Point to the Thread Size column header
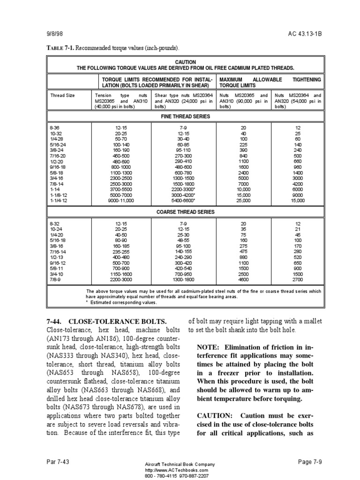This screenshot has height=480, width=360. [x=62, y=95]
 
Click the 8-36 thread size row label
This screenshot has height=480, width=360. [x=55, y=127]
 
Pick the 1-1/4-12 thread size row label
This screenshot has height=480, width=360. [x=59, y=200]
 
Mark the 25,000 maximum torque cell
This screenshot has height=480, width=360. [x=243, y=200]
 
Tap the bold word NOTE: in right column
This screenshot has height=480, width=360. [x=210, y=347]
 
